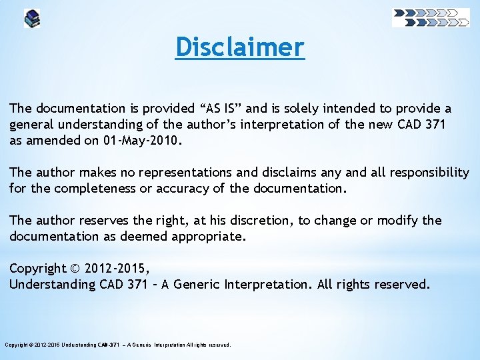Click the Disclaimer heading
[240, 47]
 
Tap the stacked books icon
[32, 18]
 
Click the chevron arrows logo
[431, 17]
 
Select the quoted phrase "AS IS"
[221, 108]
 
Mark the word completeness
[99, 189]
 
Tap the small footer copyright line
[118, 345]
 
